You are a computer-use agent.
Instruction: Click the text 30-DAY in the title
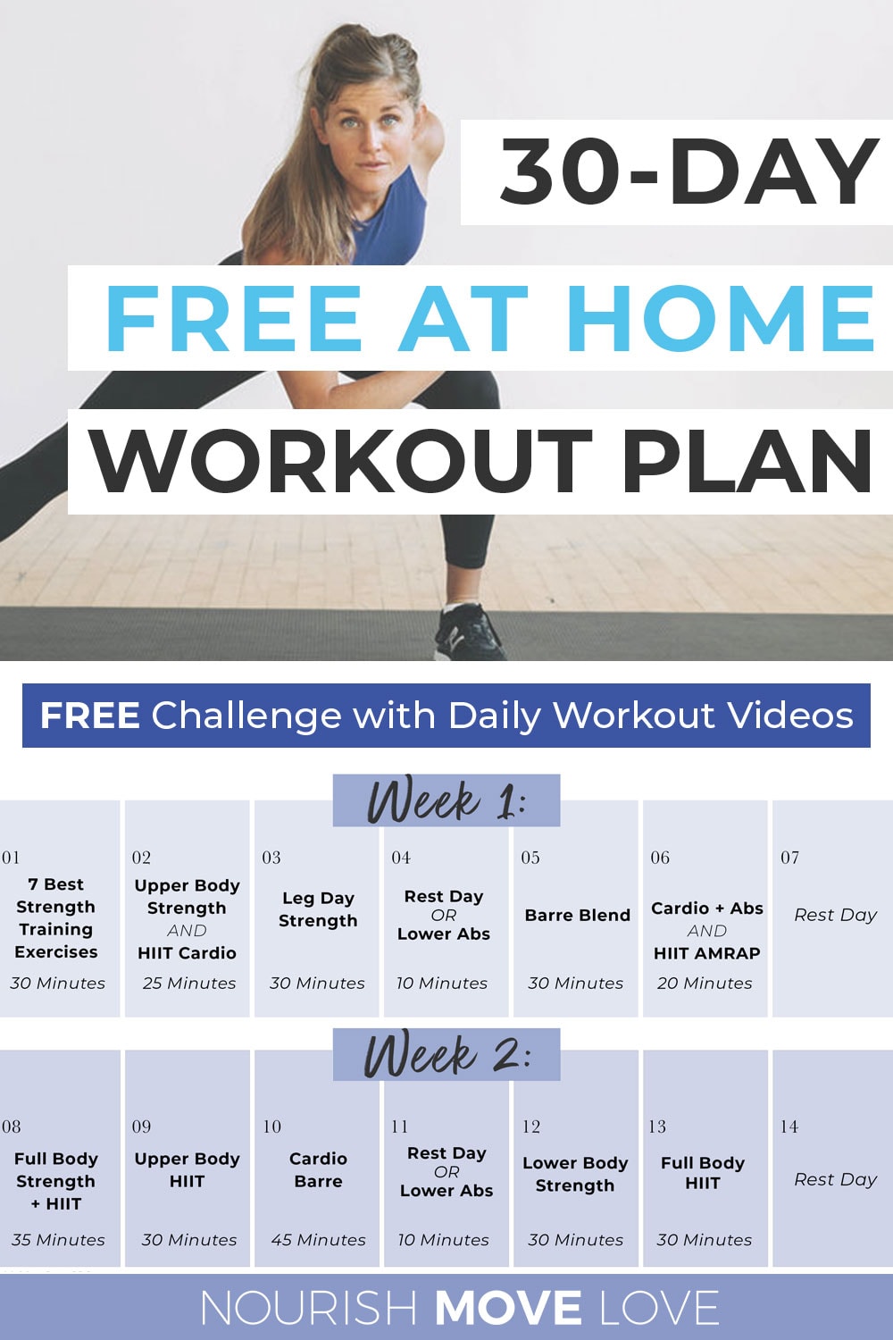[x=688, y=172]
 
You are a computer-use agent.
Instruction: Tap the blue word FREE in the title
[x=232, y=319]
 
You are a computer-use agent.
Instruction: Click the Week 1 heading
[x=446, y=800]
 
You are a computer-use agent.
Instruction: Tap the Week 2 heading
[x=446, y=1055]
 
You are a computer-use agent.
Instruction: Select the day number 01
[x=11, y=858]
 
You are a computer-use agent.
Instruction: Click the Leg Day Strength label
[x=318, y=909]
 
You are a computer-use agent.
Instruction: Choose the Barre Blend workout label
[x=577, y=915]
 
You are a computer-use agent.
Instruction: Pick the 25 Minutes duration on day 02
[x=189, y=983]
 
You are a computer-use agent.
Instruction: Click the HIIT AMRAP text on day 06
[x=706, y=953]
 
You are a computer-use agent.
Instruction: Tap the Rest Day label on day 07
[x=835, y=915]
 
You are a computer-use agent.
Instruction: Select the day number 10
[x=271, y=1126]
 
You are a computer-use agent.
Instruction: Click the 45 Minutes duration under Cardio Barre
[x=318, y=1240]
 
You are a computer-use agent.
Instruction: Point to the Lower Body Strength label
[x=575, y=1174]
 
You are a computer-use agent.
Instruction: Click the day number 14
[x=789, y=1126]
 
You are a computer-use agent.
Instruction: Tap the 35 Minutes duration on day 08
[x=58, y=1240]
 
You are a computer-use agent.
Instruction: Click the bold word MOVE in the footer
[x=508, y=1309]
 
